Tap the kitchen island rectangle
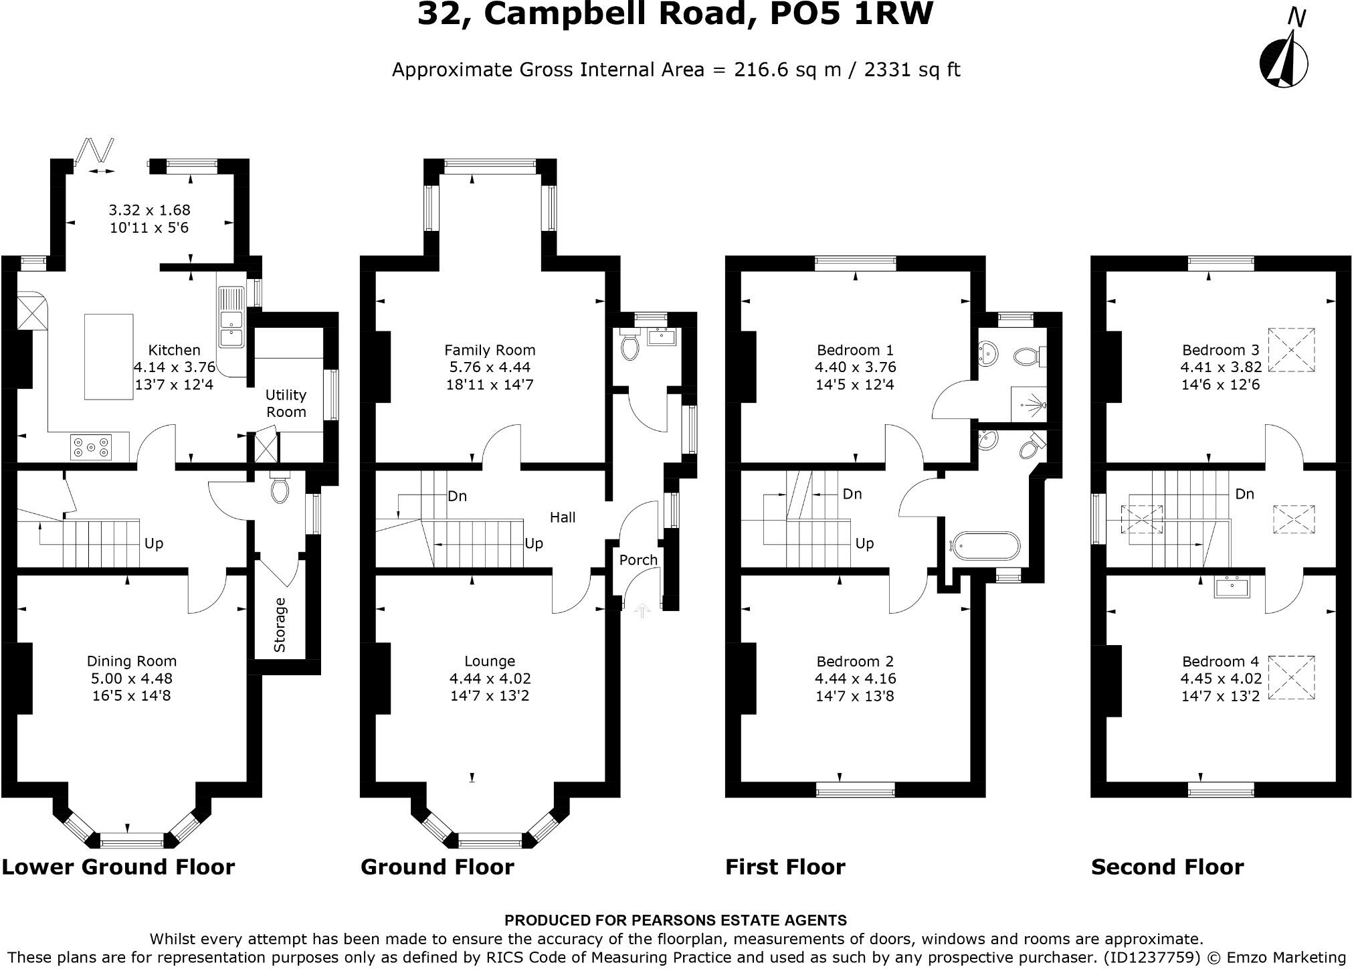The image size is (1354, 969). pos(108,357)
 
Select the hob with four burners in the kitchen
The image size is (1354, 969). pos(91,447)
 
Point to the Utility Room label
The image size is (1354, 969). pos(286,403)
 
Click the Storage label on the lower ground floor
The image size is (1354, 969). pos(280,625)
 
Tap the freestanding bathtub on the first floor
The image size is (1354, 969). pos(986,546)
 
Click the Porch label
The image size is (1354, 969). pos(638,559)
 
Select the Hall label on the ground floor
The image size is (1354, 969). pos(563,517)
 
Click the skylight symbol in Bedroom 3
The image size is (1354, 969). pos(1291,349)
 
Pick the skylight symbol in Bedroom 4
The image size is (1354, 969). pos(1291,677)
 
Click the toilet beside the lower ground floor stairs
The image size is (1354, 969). pos(280,489)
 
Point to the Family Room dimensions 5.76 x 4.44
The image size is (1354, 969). pos(490,367)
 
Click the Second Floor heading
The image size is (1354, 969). pos(1167,867)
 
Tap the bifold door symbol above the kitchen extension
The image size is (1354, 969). pos(96,153)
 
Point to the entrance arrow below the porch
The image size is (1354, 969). pos(642,610)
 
